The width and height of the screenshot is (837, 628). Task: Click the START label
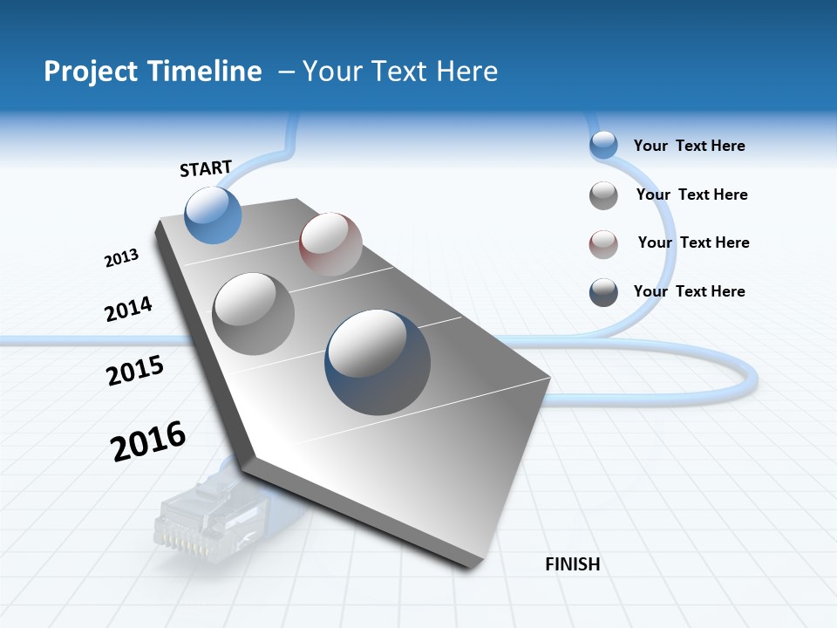point(206,168)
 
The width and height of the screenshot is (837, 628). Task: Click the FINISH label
point(572,564)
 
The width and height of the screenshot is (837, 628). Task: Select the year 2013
point(121,258)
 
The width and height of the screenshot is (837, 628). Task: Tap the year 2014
point(128,309)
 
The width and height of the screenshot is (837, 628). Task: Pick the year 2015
point(135,371)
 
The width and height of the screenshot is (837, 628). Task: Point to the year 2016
point(148,440)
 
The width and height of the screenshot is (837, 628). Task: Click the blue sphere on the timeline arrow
point(214,215)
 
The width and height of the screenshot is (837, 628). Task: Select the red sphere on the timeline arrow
point(330,243)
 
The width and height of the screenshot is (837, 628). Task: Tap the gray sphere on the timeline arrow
point(254,313)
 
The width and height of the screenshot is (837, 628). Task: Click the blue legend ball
point(603,146)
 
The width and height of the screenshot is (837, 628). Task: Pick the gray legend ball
point(603,195)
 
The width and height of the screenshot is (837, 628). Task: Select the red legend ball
point(603,244)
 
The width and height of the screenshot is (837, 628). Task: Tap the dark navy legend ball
point(603,292)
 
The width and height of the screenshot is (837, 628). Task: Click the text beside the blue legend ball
point(689,146)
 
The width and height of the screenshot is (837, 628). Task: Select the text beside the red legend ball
point(693,242)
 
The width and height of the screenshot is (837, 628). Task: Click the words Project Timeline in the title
point(153,71)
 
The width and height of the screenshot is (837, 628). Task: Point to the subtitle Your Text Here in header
point(399,71)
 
